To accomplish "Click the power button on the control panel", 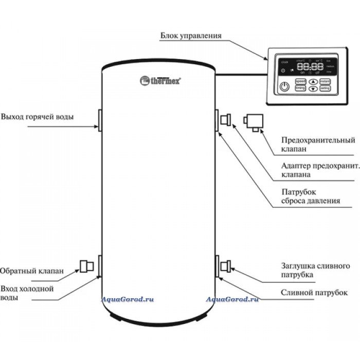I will click(x=285, y=86).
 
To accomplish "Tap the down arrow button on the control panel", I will click(x=313, y=88).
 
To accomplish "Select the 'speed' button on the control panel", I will click(x=300, y=81).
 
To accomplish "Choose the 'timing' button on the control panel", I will click(x=300, y=88).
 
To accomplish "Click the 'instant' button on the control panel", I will click(x=325, y=81).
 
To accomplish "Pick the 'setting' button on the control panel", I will click(x=325, y=88).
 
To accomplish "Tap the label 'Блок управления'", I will click(x=191, y=36).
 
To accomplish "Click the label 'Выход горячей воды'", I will click(x=37, y=117).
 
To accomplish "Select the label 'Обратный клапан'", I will click(x=32, y=271).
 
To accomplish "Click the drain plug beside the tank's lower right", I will click(x=225, y=266).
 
